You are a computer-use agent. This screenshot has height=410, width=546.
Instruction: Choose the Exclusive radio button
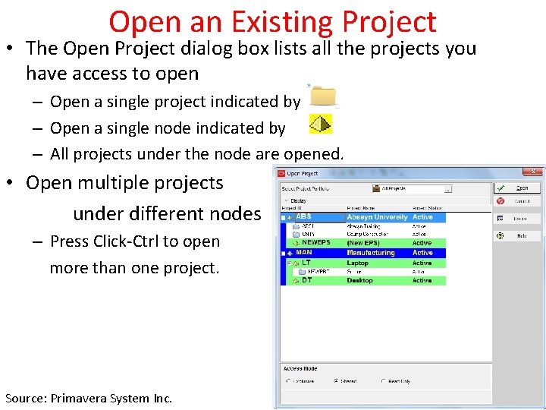pos(287,381)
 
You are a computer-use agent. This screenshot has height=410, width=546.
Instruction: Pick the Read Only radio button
pos(384,381)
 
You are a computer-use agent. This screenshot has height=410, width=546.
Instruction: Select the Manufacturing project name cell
pos(371,253)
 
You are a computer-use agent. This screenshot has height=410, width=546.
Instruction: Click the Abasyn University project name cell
pos(377,217)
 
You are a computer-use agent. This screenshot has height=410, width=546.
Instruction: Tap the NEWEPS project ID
pos(315,243)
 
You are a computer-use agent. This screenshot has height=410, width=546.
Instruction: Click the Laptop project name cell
pos(358,263)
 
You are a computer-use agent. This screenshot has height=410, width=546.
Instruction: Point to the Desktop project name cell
pos(360,280)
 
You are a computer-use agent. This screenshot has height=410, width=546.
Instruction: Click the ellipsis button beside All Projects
pos(448,189)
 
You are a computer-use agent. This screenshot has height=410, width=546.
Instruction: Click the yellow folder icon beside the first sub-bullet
pos(324,96)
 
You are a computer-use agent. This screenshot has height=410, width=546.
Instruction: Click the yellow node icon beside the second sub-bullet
pos(321,124)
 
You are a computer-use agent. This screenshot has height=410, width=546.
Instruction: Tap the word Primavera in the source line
pos(86,398)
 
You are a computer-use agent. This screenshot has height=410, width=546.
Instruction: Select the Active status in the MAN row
pos(422,253)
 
